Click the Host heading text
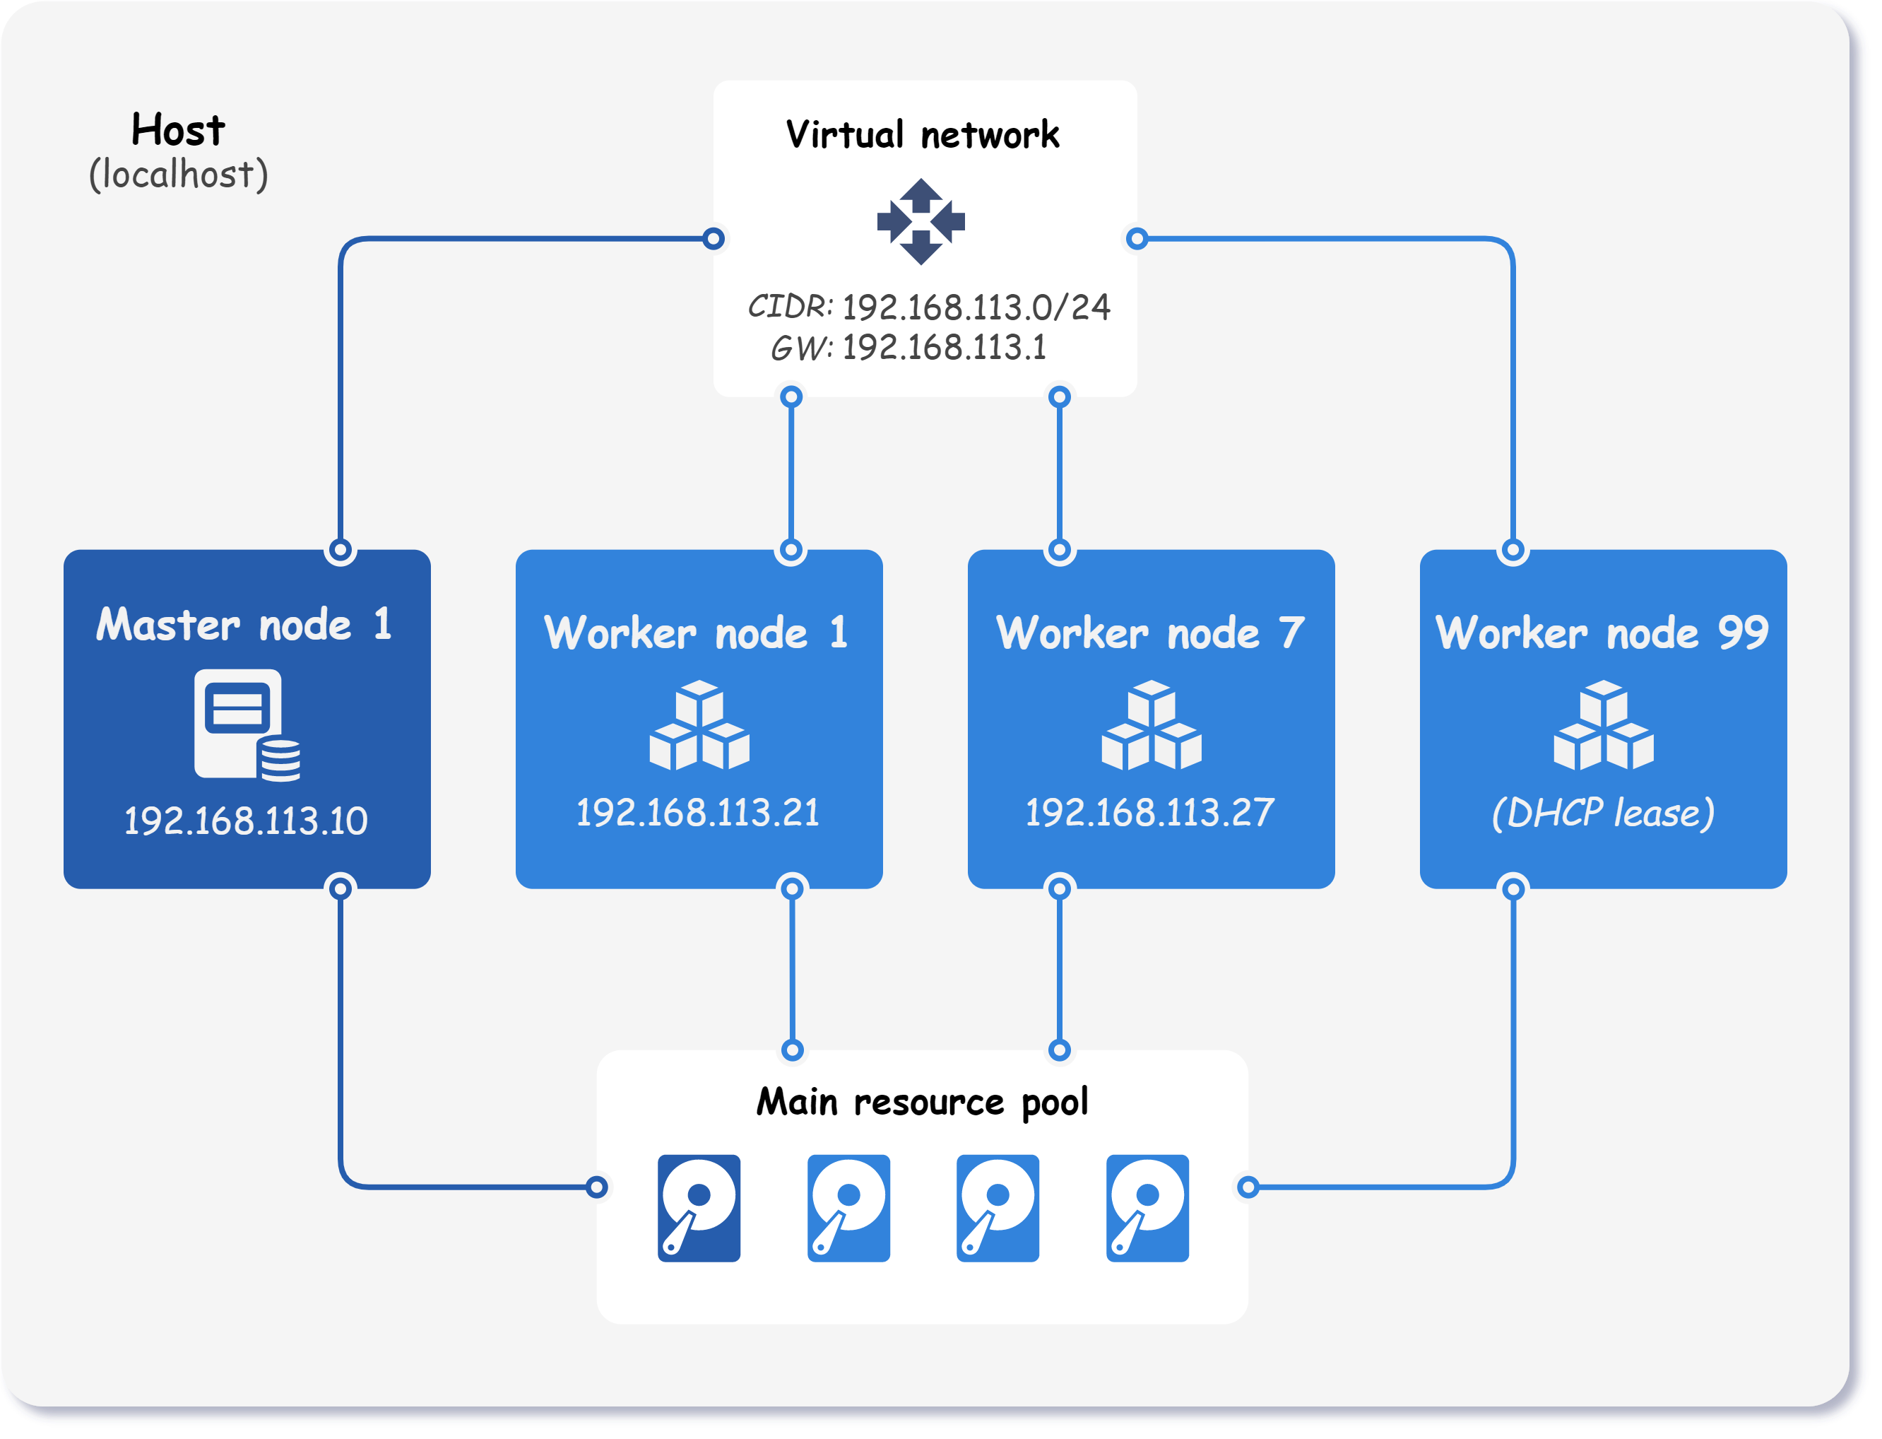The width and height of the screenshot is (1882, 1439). [178, 130]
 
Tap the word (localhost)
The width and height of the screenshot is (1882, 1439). [178, 175]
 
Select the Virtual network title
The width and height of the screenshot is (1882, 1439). [922, 135]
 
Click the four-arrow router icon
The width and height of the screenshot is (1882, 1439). [921, 222]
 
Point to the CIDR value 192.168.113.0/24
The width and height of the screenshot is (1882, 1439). [976, 307]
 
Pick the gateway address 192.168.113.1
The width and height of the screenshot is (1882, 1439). [944, 348]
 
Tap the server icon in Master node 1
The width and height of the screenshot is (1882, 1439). [247, 724]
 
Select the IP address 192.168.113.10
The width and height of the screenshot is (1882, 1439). [246, 821]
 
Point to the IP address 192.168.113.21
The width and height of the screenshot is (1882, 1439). [697, 812]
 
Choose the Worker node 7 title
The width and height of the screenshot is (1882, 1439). [1150, 633]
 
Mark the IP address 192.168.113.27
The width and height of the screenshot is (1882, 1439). [1149, 812]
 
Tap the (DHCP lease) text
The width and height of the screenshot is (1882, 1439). [1603, 812]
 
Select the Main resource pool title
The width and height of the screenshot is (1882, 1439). [922, 1102]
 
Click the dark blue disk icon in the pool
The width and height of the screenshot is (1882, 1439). [699, 1208]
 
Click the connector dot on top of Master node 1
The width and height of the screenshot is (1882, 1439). [341, 550]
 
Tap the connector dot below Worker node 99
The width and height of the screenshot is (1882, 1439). [1514, 888]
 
